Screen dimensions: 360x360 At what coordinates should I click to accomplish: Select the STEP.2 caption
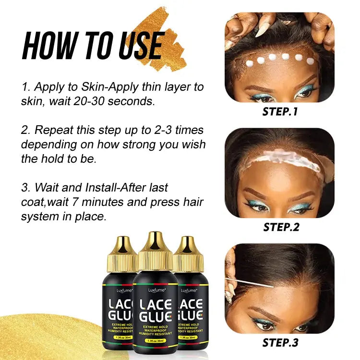pos(281,227)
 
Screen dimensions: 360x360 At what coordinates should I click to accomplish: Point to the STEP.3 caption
pos(281,342)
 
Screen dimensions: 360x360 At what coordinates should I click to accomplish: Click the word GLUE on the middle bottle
pos(154,317)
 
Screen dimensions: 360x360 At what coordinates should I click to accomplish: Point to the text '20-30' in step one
pos(118,102)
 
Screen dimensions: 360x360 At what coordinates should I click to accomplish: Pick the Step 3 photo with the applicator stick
pos(279,288)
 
